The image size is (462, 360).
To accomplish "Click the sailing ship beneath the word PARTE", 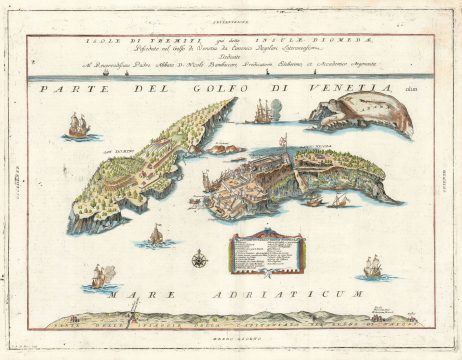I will pos(78,127).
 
